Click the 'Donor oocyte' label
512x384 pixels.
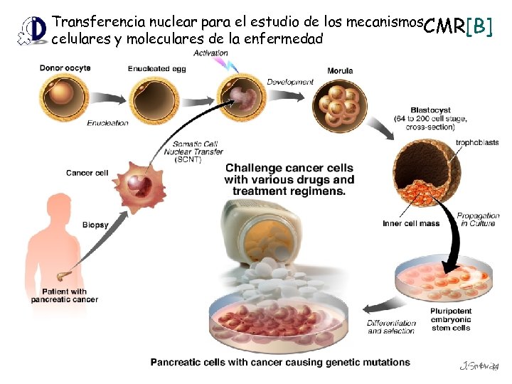tap(65, 68)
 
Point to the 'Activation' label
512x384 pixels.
tap(210, 53)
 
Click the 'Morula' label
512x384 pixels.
tap(340, 71)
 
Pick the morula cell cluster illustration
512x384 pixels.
tap(341, 106)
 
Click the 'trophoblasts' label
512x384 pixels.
tap(477, 142)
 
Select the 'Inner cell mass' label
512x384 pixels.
tap(411, 223)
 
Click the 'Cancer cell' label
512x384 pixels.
tap(87, 173)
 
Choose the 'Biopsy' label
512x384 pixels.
tap(95, 225)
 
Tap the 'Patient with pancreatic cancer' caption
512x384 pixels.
tap(65, 296)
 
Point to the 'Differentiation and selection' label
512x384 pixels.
tap(391, 326)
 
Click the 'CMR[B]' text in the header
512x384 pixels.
tap(457, 27)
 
